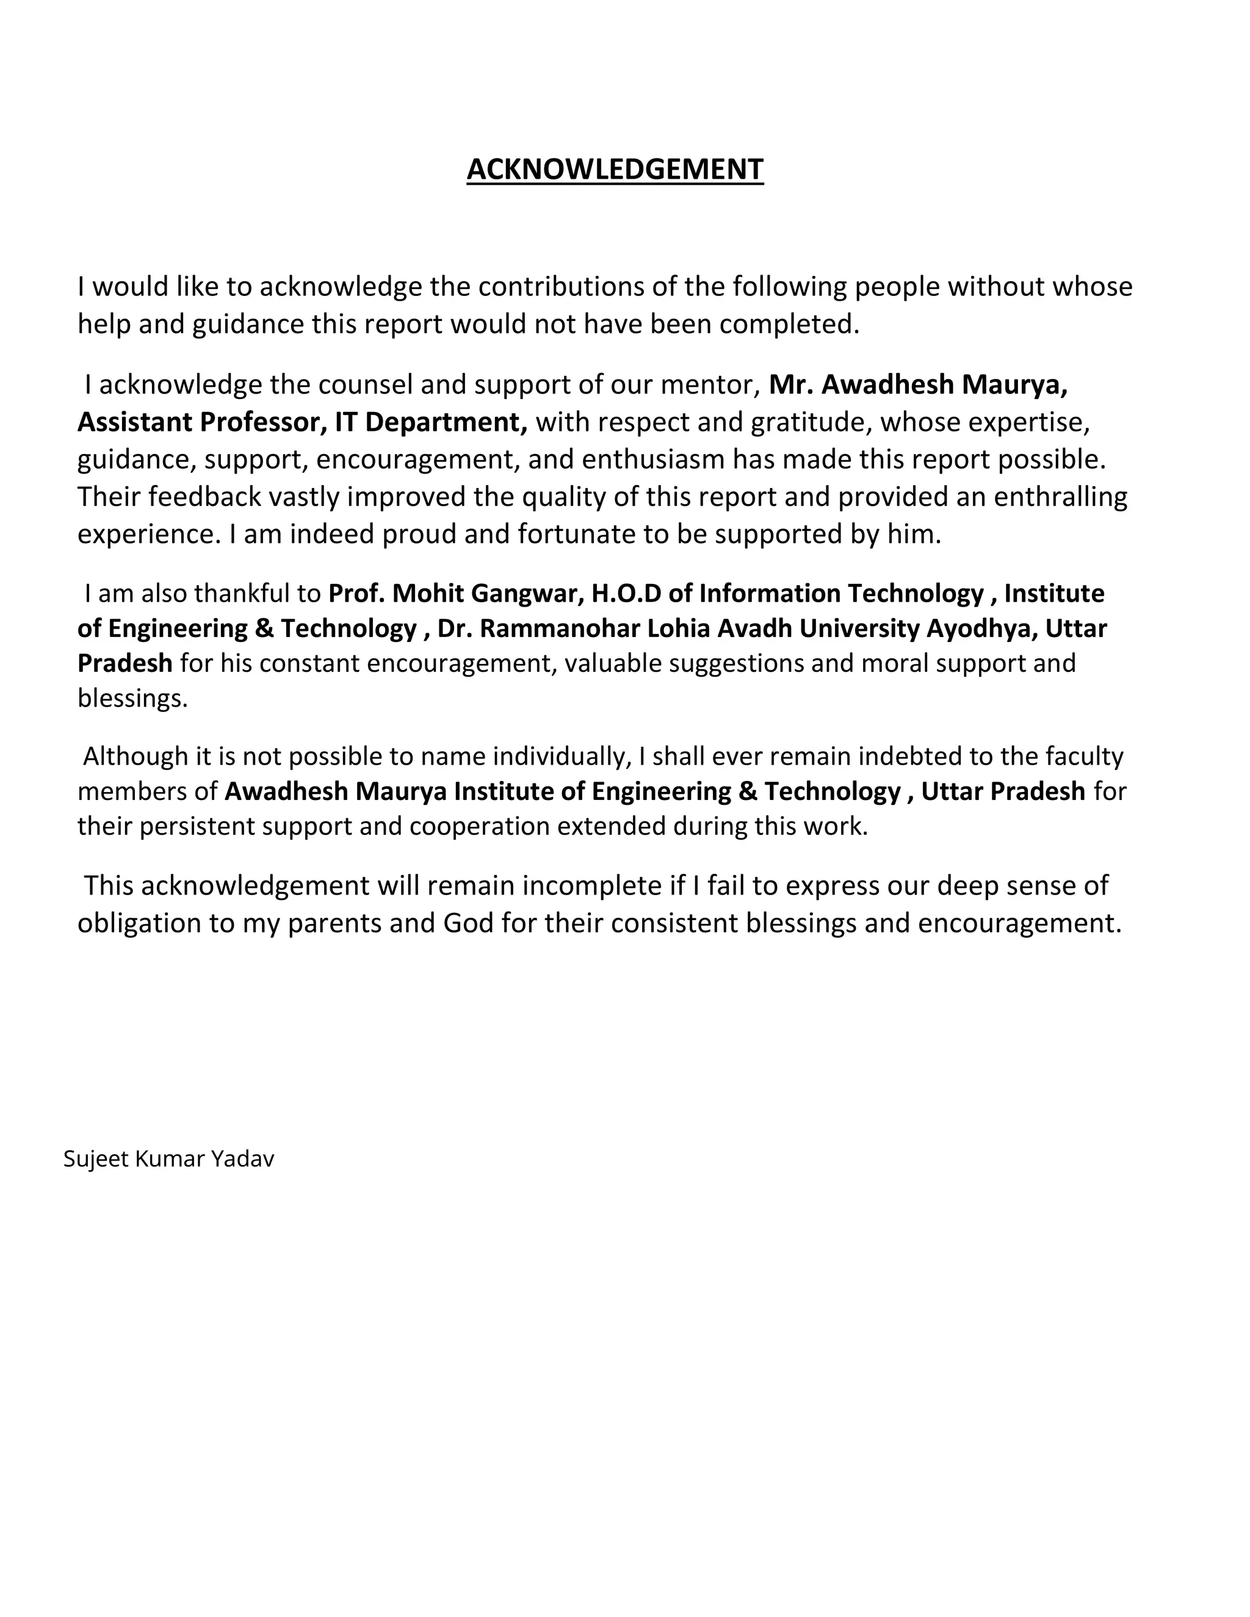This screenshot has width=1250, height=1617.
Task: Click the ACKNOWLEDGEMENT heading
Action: point(615,170)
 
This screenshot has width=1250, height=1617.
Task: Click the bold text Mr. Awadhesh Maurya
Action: point(917,385)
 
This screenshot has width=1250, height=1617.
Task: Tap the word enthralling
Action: point(1060,496)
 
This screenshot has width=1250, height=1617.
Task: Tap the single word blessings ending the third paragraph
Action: point(132,698)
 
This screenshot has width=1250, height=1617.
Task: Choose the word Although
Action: point(135,757)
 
